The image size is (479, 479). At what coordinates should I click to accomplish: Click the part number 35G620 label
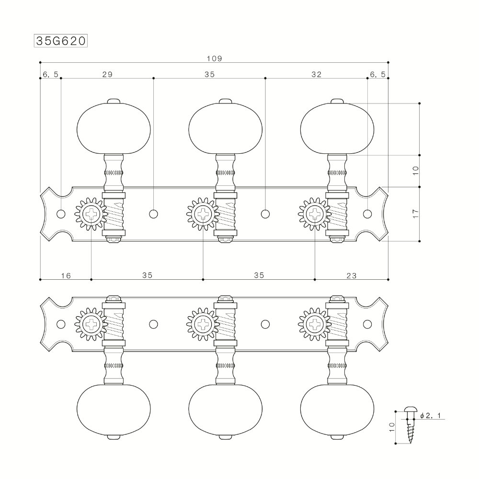pos(60,41)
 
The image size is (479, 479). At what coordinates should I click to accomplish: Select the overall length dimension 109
pos(214,58)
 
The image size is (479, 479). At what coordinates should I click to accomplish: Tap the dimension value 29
pos(107,74)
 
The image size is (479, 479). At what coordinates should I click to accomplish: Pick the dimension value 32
pos(316,74)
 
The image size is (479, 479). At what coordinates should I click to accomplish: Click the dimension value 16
pos(66,275)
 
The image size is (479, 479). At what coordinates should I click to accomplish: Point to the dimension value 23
pos(351,275)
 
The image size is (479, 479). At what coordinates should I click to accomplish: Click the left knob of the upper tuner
pos(114,128)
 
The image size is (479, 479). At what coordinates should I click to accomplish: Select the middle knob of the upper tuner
pos(225,128)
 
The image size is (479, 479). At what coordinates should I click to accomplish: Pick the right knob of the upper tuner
pos(337,128)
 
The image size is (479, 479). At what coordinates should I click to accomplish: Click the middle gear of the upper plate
pos(203,214)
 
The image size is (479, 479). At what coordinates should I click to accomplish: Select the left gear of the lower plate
pos(91,324)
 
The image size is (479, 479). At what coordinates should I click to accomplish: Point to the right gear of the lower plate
pos(315,324)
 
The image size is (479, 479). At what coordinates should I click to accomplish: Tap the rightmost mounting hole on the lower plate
pos(367,324)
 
